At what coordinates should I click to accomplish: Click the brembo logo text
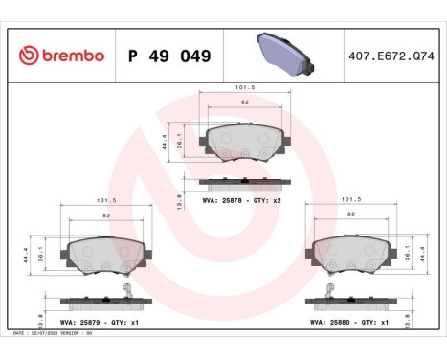pos(61,56)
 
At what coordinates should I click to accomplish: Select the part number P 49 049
pos(168,56)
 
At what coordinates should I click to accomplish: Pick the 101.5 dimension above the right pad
pos(349,201)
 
